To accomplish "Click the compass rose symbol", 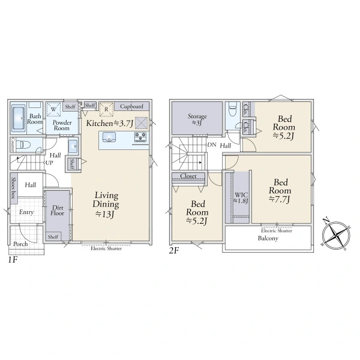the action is (x=336, y=235).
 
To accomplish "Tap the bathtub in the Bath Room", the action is (x=19, y=118).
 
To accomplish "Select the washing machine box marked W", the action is (x=53, y=110).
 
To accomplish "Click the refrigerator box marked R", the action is (x=106, y=109).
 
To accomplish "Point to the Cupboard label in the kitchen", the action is (x=131, y=106).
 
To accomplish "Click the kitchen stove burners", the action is (x=140, y=136).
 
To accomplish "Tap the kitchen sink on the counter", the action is (x=109, y=137).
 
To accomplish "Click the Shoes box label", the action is (x=14, y=188).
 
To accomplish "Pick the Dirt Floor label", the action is (x=58, y=211).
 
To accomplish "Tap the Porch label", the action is (x=20, y=244).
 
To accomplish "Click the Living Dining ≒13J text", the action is (x=106, y=205).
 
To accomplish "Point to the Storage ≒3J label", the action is (x=197, y=119).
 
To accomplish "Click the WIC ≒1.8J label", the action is (x=241, y=198).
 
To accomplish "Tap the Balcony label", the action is (x=268, y=238).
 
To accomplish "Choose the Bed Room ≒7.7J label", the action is (x=280, y=191).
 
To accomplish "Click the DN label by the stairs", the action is (x=212, y=145).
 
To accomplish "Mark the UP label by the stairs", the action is (x=49, y=163).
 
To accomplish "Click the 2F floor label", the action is (x=174, y=250).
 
